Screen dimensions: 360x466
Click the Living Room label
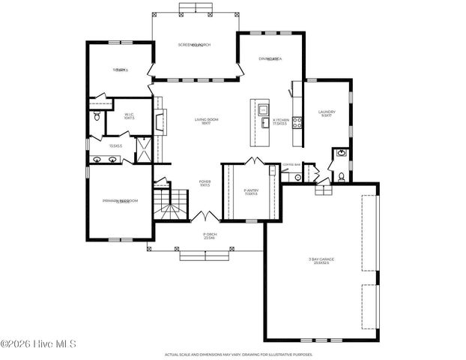pos(206,120)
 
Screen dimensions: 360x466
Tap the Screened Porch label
pos(194,45)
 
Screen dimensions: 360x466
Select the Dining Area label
pos(270,58)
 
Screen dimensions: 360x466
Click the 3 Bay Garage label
pos(321,260)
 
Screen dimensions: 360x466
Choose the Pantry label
pos(251,192)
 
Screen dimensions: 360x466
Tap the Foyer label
pos(205,181)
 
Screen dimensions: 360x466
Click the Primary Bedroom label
pos(121,201)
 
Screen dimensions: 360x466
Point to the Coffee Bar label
pos(291,164)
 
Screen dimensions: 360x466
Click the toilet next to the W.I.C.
pos(97,117)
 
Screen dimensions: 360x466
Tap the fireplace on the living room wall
pos(158,120)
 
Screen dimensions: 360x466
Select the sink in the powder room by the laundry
pos(341,153)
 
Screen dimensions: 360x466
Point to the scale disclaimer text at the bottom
pos(239,354)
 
